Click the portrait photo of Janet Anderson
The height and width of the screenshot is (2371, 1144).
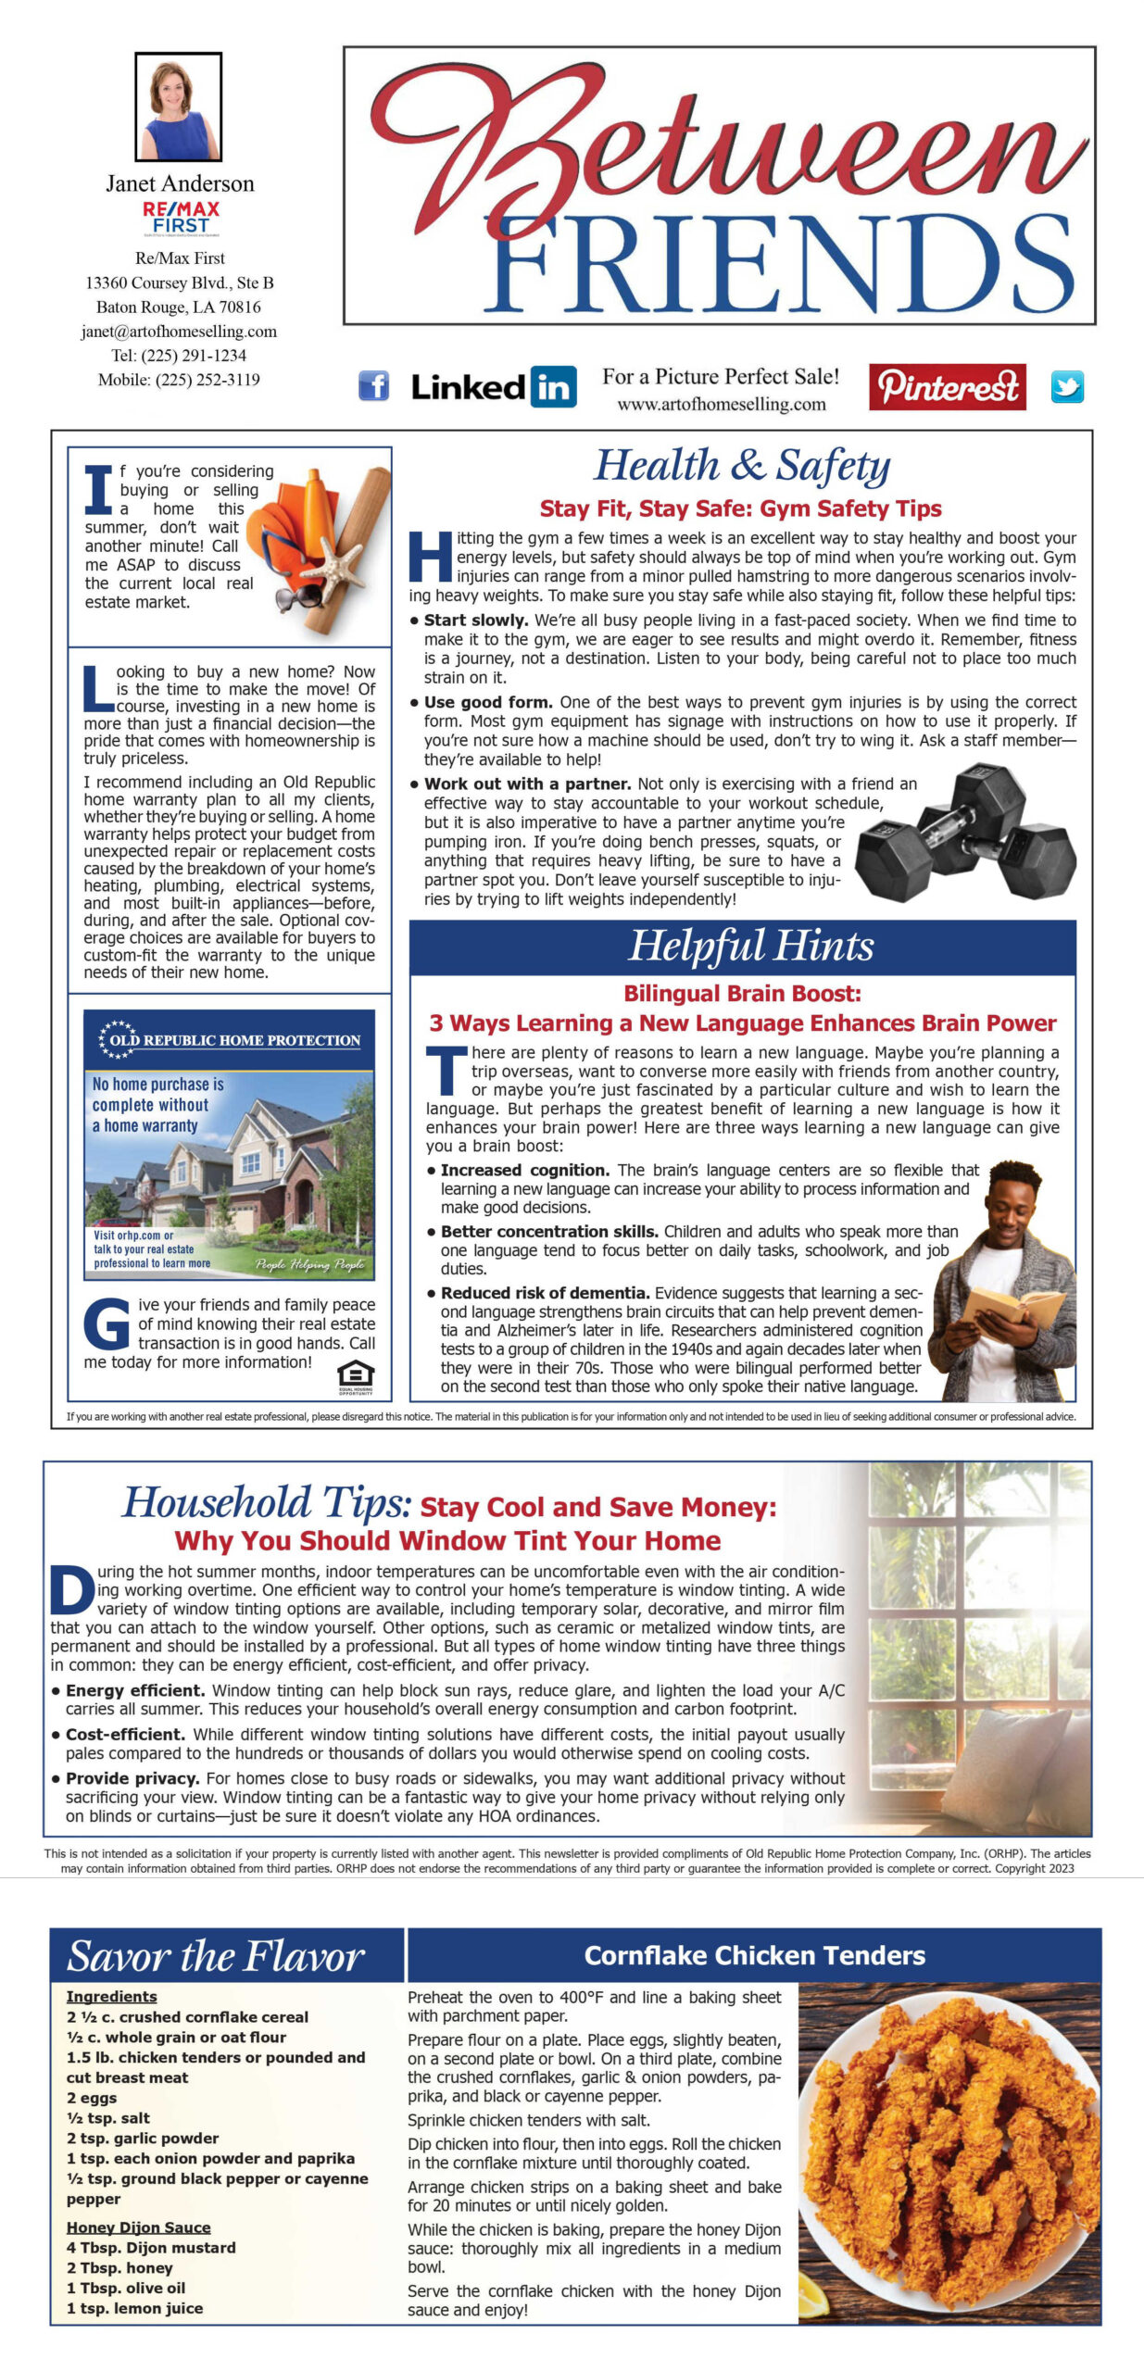[179, 107]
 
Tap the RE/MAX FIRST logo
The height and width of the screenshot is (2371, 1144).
[181, 219]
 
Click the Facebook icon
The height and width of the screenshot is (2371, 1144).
[373, 385]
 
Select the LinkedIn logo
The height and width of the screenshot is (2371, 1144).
[494, 386]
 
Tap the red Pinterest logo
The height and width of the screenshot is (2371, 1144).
[947, 386]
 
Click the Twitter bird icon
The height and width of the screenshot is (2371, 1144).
[1067, 387]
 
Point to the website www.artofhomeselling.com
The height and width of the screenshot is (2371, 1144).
[722, 405]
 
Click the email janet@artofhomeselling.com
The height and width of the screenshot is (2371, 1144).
[179, 331]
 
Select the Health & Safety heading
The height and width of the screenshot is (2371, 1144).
[741, 465]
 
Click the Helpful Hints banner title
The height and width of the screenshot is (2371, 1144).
[750, 946]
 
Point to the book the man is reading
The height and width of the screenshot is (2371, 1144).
[1012, 1307]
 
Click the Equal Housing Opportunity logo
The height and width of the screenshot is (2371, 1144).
[356, 1377]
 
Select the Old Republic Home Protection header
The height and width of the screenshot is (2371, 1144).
[230, 1040]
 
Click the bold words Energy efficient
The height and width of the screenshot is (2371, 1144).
[135, 1690]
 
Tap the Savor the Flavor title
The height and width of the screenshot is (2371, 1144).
[216, 1956]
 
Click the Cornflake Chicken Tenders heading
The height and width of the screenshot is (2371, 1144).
[754, 1955]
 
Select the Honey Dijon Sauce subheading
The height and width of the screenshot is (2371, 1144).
[138, 2227]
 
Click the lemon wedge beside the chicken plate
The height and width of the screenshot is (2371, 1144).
[813, 2294]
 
